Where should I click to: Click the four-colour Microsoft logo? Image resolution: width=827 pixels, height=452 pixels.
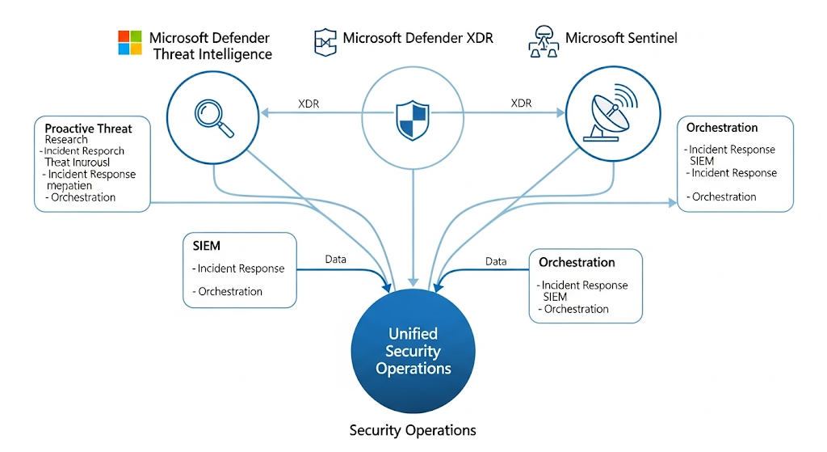[130, 43]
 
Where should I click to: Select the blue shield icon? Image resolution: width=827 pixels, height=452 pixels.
[412, 120]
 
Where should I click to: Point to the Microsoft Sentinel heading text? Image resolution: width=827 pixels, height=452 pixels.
[621, 38]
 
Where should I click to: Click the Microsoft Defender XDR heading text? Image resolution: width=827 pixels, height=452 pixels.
[418, 38]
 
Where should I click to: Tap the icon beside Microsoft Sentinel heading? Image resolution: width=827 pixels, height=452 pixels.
[544, 41]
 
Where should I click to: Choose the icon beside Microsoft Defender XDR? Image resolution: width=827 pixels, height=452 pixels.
[325, 40]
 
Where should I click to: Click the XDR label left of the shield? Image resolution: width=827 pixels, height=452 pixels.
[309, 103]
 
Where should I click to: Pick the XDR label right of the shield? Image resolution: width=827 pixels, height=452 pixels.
[522, 103]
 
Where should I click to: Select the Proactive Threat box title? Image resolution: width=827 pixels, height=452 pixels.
[88, 129]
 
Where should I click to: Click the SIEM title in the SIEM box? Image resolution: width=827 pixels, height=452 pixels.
[207, 246]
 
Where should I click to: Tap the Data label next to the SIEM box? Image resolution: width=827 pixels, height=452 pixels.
[336, 260]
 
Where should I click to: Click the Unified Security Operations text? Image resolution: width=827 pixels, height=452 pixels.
[413, 351]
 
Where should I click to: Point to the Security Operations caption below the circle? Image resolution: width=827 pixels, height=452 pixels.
[413, 430]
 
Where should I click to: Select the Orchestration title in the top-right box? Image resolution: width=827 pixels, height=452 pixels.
[722, 128]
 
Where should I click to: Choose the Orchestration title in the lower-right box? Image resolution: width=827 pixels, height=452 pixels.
[577, 262]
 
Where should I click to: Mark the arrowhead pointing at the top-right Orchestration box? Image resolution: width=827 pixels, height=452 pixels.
[673, 203]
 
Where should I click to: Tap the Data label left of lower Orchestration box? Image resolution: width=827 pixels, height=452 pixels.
[496, 261]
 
